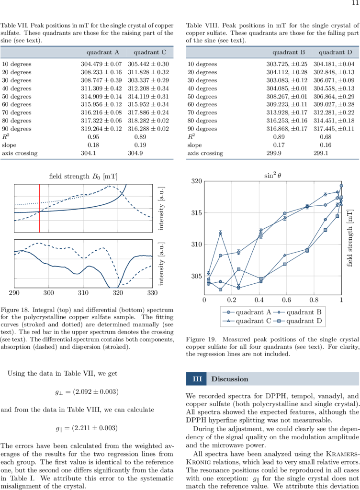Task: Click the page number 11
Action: point(355,4)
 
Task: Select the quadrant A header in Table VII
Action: point(103,52)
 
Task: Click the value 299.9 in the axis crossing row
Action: point(274,153)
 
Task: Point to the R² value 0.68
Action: point(326,136)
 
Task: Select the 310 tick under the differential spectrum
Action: point(83,291)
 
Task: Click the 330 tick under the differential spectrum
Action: point(152,291)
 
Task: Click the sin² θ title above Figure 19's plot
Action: point(273,175)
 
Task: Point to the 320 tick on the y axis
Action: point(196,181)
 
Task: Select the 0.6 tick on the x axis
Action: point(286,300)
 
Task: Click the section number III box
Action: point(196,379)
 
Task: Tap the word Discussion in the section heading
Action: point(230,379)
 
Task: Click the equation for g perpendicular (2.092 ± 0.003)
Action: point(86,392)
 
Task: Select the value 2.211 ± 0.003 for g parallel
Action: point(93,427)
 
